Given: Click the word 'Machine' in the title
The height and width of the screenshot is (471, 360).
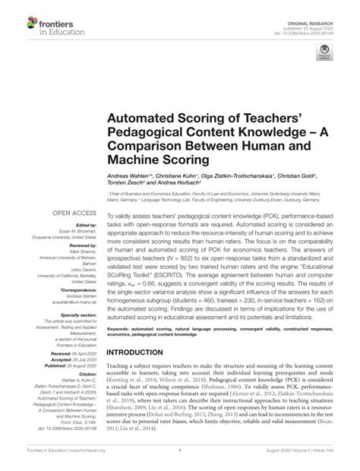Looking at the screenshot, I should click(x=140, y=160).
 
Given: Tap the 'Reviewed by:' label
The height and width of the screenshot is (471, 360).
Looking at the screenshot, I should click(x=82, y=247).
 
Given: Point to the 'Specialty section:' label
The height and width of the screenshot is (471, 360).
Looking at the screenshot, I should click(x=77, y=313).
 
